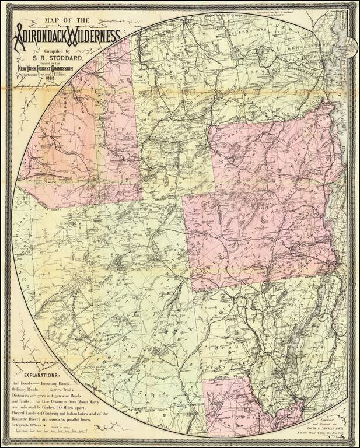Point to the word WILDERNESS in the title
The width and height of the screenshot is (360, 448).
click(x=93, y=36)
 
